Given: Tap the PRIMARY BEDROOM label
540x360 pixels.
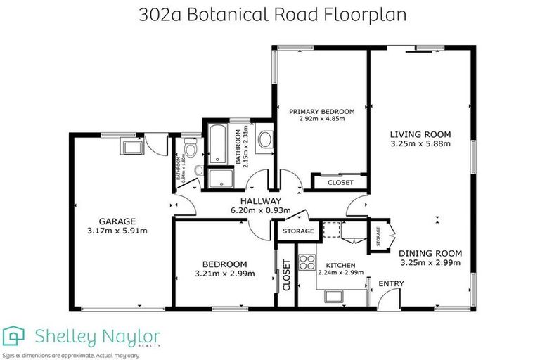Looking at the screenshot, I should (x=323, y=111).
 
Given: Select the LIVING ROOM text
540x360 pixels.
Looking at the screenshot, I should (x=420, y=134).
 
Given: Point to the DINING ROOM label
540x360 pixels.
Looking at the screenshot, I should (x=430, y=253).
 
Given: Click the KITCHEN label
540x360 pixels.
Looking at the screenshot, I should (x=340, y=265).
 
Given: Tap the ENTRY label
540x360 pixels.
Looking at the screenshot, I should (x=391, y=283).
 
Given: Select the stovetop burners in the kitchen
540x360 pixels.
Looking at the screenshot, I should (x=307, y=262).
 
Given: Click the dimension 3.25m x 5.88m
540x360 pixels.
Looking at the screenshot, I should (x=420, y=144).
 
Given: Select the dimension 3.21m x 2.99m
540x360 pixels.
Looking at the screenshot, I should (x=225, y=274).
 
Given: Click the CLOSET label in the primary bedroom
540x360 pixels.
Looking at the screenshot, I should (x=341, y=183).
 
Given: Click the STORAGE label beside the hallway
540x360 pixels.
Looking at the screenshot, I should (x=297, y=231).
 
